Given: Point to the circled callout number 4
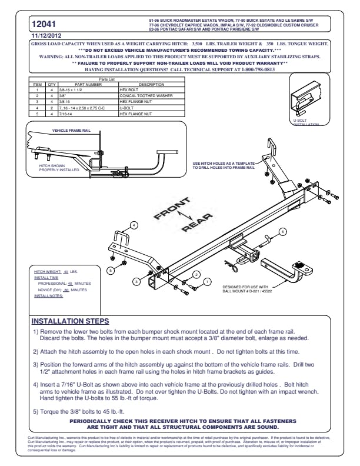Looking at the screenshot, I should coord(134,225).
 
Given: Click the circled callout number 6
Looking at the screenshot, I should coord(282,232).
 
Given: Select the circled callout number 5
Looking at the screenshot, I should coord(109,270).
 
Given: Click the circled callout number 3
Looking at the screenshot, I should coord(136,282).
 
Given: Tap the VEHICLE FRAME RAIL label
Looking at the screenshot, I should coord(68,130).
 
